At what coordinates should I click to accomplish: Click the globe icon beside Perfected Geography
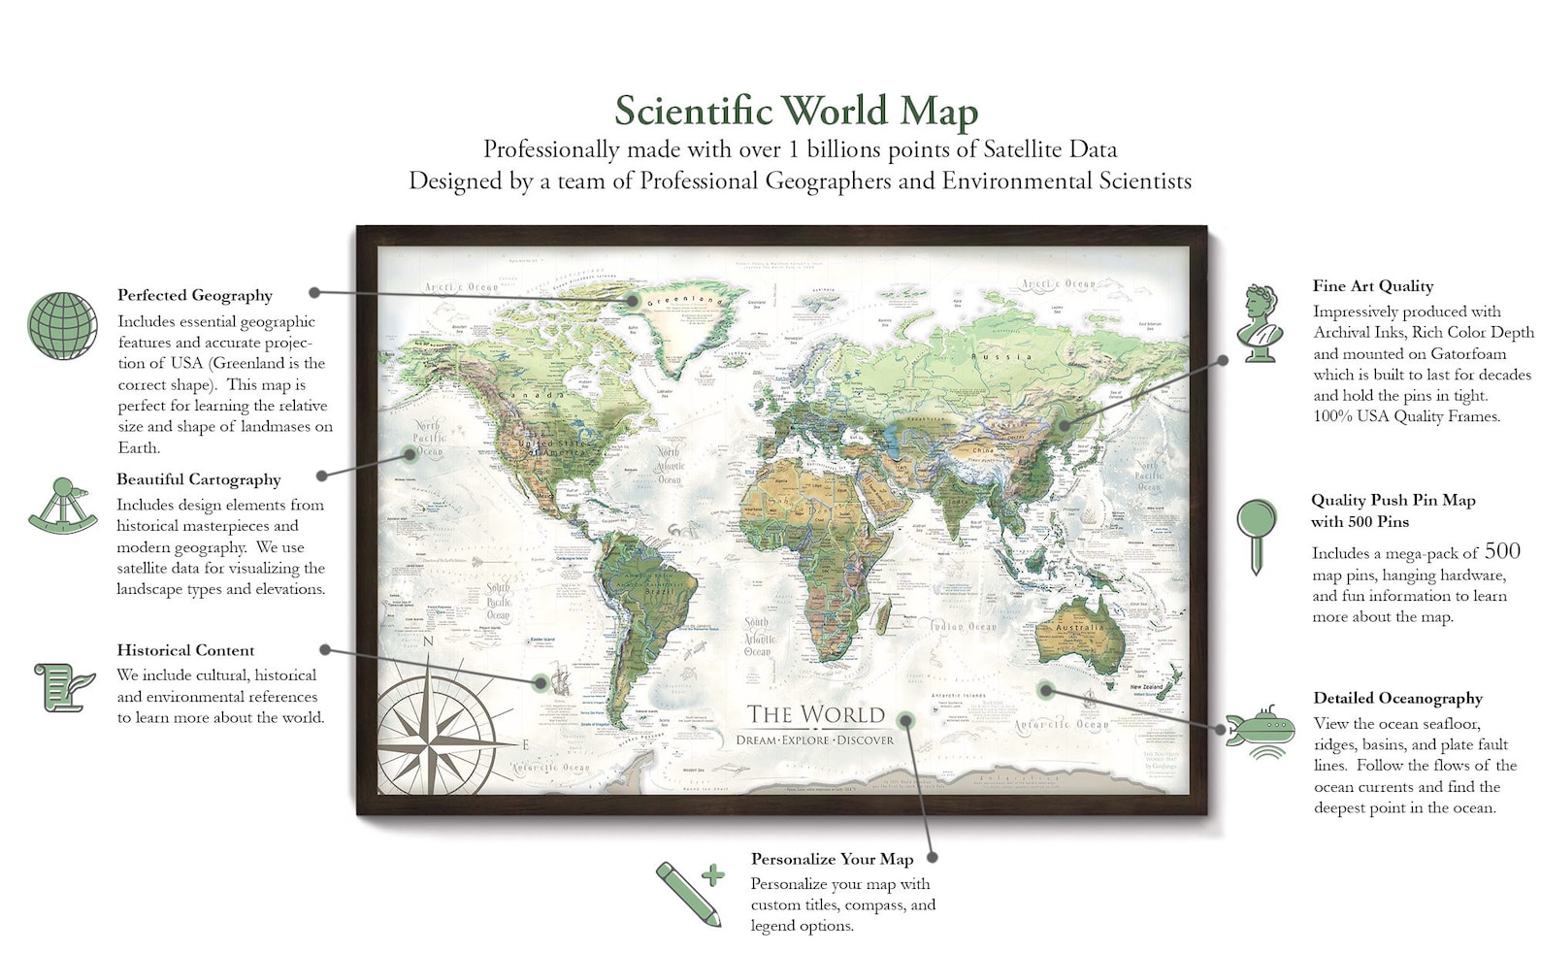click(62, 326)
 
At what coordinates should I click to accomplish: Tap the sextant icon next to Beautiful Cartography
click(63, 506)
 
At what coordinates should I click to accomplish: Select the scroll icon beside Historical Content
click(63, 686)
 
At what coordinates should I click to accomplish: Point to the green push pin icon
click(1257, 535)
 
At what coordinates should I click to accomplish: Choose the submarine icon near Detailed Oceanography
click(1261, 733)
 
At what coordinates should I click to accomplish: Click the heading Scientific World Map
click(796, 111)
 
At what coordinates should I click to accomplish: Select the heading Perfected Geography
click(195, 295)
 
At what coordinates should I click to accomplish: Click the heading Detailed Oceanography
click(1397, 698)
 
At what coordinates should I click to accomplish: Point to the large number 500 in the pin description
click(1501, 551)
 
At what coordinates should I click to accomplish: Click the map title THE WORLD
click(815, 715)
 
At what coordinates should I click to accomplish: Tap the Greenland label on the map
click(685, 301)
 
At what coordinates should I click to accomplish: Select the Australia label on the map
click(1079, 628)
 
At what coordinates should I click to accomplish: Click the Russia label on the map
click(1009, 356)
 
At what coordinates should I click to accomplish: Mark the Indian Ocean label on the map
click(964, 627)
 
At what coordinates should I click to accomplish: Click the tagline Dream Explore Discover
click(815, 740)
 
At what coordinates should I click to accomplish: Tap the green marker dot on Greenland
click(632, 301)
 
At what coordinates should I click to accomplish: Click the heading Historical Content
click(186, 650)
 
